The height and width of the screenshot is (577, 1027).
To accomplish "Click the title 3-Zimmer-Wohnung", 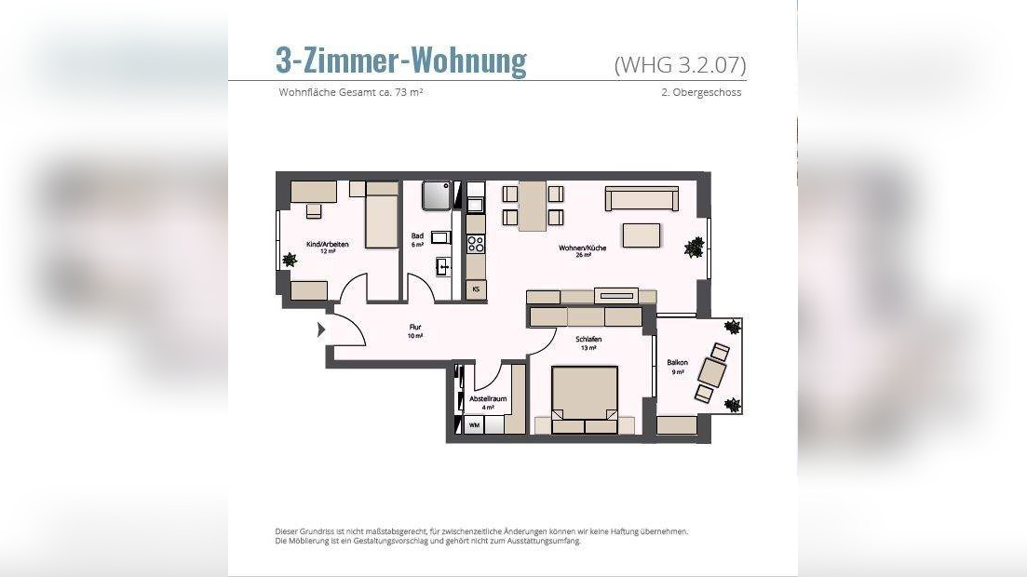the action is coord(401,60).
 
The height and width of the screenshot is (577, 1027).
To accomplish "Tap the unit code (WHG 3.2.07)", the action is coord(680,65).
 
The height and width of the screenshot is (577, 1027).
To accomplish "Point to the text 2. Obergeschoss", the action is coord(701,92).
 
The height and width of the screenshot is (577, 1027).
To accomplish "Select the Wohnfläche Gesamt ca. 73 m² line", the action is coord(350,92).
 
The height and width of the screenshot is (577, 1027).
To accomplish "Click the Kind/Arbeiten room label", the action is coord(328,244).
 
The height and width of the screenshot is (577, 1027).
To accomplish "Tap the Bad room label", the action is coord(417,235).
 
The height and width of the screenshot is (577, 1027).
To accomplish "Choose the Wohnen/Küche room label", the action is coord(582,248).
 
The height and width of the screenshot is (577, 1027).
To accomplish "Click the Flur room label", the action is coord(415,327).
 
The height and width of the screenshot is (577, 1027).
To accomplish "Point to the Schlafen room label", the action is coord(588,340).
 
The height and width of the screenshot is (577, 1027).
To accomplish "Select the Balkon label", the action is coord(677,362).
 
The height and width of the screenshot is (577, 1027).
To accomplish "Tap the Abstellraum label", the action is coord(488,399).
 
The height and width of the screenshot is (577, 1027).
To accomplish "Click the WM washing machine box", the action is coord(474,425).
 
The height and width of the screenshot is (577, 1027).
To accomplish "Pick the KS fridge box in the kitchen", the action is coord(476,288).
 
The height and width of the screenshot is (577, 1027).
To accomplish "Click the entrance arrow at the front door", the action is coord(321,329).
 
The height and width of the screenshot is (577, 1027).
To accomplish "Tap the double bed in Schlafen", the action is coord(585,399).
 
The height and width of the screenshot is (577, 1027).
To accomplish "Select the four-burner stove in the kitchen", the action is coord(476,244).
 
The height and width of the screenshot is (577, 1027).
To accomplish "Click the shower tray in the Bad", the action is coord(437,195).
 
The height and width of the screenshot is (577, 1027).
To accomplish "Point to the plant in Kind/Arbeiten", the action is coord(290,260).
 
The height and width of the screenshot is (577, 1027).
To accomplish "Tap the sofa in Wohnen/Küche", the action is coord(642,198).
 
